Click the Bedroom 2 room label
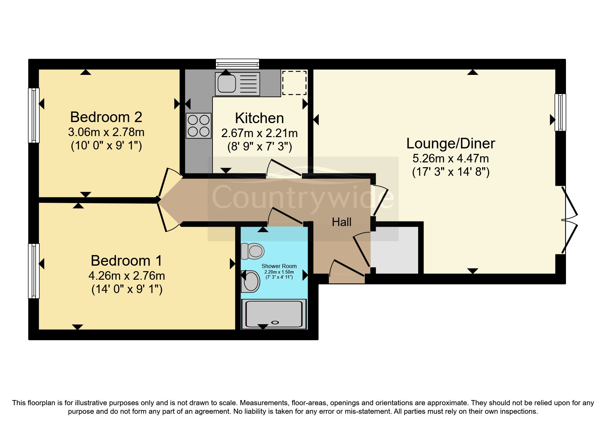click(x=106, y=117)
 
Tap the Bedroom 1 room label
click(x=126, y=261)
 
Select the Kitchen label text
click(x=259, y=118)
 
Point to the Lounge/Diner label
click(x=451, y=144)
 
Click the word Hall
click(x=341, y=222)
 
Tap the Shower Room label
click(x=279, y=266)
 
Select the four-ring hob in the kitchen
click(x=198, y=125)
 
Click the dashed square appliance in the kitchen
click(x=294, y=83)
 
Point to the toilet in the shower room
click(x=253, y=251)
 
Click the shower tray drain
click(x=275, y=322)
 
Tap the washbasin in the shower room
click(x=250, y=281)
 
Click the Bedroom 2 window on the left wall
click(x=34, y=115)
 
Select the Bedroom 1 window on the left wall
click(x=34, y=270)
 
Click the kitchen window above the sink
click(x=237, y=64)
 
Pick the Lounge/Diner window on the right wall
click(x=560, y=112)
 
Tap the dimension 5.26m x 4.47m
click(x=451, y=159)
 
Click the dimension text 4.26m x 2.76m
click(x=127, y=276)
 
